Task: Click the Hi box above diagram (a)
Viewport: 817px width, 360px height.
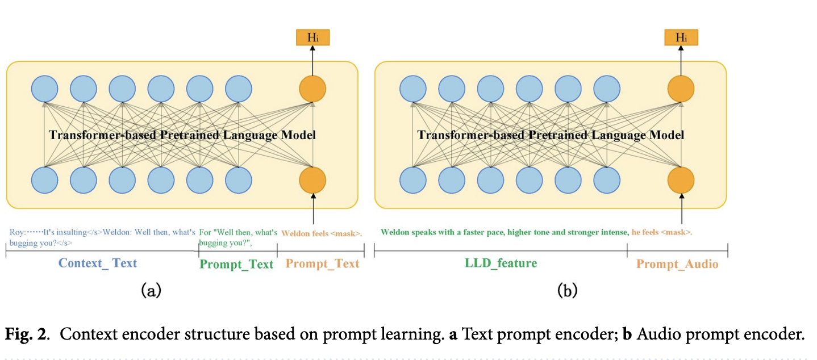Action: (312, 37)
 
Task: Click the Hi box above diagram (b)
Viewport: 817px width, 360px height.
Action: (681, 37)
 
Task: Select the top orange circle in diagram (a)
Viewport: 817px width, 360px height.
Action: (312, 89)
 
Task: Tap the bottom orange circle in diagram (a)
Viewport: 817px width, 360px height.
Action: (312, 180)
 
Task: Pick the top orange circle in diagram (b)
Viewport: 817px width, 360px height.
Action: (681, 89)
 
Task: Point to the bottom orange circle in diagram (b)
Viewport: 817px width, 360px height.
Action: (681, 180)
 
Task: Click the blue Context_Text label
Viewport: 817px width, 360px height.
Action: (98, 263)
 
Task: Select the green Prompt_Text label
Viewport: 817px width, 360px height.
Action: (236, 264)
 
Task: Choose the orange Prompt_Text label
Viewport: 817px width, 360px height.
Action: (322, 263)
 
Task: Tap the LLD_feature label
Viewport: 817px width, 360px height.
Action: (501, 263)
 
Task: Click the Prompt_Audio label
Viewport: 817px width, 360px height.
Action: (677, 264)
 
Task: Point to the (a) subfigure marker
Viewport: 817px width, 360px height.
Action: (151, 290)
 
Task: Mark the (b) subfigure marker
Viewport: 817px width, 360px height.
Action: (567, 290)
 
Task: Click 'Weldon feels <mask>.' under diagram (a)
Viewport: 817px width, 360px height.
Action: (322, 233)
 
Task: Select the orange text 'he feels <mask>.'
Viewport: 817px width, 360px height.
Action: (662, 232)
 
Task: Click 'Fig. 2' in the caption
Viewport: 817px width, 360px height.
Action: (26, 334)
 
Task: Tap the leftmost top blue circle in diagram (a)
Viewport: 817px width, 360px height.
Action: (44, 89)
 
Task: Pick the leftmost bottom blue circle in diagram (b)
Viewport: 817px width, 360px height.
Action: (413, 180)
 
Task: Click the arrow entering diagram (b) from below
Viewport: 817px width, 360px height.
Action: (681, 208)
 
